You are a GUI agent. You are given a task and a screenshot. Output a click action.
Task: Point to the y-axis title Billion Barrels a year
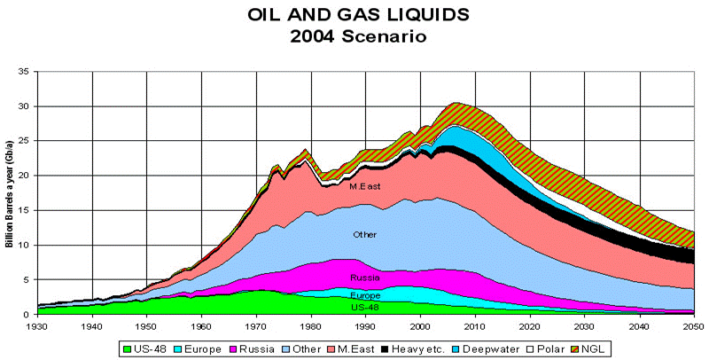click(x=11, y=192)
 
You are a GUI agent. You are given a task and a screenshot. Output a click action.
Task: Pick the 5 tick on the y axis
click(x=27, y=279)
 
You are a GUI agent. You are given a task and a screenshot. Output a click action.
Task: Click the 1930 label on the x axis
click(x=37, y=325)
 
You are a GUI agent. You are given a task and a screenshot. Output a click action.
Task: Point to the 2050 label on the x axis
click(x=694, y=325)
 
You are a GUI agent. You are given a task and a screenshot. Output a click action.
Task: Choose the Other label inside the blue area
click(x=364, y=236)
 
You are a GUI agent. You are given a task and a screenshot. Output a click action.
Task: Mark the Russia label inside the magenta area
click(x=364, y=278)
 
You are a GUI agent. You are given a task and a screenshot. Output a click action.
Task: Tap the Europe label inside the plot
click(x=364, y=294)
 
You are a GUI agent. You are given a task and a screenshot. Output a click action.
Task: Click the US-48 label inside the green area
click(x=364, y=307)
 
